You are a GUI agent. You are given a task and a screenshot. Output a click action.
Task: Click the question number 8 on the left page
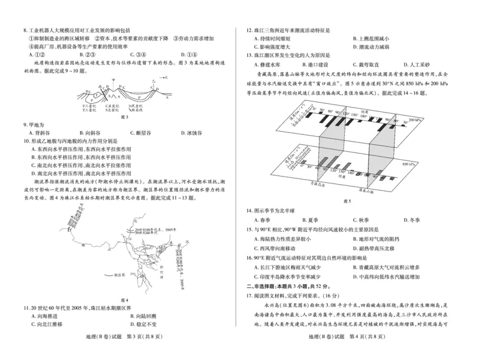pyautogui.click(x=24, y=29)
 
